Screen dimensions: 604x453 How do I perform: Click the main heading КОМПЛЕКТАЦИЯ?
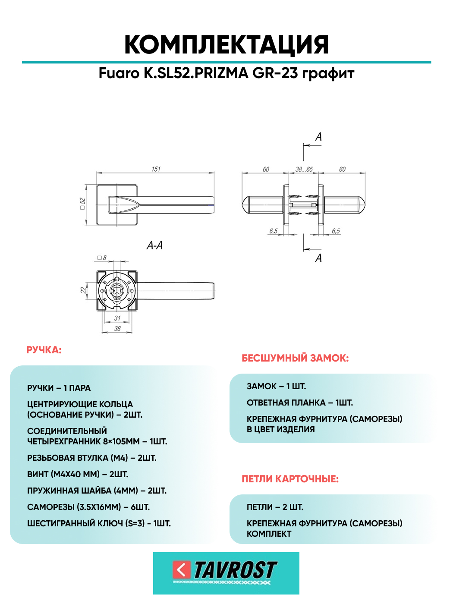pyautogui.click(x=226, y=44)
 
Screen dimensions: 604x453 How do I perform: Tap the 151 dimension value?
pyautogui.click(x=156, y=169)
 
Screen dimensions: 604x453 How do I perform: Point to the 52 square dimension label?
pyautogui.click(x=82, y=204)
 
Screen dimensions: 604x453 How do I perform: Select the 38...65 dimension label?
pyautogui.click(x=304, y=170)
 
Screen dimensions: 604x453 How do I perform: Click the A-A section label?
pyautogui.click(x=154, y=245)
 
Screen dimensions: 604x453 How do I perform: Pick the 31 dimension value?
pyautogui.click(x=117, y=318)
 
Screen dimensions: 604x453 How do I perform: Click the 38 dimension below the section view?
pyautogui.click(x=117, y=329)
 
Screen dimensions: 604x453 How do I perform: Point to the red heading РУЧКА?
pyautogui.click(x=44, y=350)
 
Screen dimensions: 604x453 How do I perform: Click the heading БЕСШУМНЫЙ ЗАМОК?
pyautogui.click(x=295, y=358)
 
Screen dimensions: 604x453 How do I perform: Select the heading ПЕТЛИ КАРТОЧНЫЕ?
pyautogui.click(x=290, y=479)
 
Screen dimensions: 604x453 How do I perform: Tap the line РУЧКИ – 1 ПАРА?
pyautogui.click(x=59, y=388)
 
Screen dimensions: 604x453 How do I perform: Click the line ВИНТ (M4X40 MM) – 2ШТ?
pyautogui.click(x=78, y=474)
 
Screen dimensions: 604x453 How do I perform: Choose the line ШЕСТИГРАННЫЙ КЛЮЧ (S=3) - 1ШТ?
pyautogui.click(x=99, y=523)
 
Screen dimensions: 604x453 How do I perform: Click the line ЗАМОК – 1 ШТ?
pyautogui.click(x=276, y=386)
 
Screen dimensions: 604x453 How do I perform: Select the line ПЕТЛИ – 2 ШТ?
pyautogui.click(x=275, y=507)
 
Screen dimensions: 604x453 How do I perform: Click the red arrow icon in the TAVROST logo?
pyautogui.click(x=181, y=570)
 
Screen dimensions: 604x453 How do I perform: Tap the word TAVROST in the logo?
pyautogui.click(x=235, y=570)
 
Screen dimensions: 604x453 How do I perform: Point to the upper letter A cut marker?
pyautogui.click(x=318, y=137)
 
